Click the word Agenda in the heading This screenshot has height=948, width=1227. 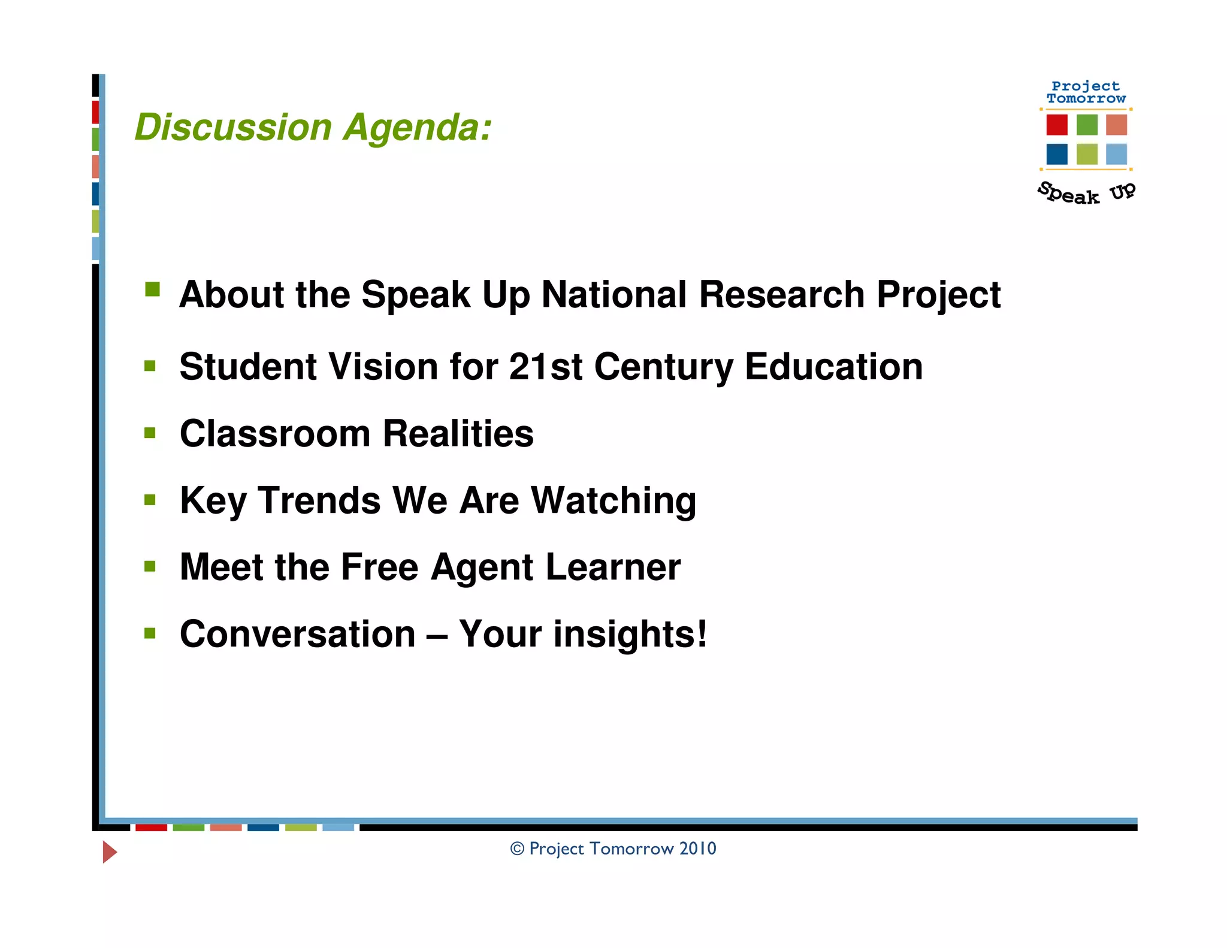point(417,128)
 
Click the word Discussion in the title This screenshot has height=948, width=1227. point(233,128)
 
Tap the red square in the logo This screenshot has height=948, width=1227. point(1057,125)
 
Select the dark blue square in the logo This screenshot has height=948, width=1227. point(1057,154)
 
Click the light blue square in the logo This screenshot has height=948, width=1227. point(1116,154)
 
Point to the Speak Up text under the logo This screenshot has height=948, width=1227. point(1086,193)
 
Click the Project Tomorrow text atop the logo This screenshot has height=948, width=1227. point(1086,92)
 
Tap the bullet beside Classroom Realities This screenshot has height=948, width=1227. point(150,432)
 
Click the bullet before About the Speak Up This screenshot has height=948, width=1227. point(152,290)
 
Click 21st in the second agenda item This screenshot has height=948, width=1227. point(545,366)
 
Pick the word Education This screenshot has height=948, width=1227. point(833,366)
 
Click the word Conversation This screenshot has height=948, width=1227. point(298,634)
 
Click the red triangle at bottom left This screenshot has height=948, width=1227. point(109,852)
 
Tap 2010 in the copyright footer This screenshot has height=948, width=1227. point(698,849)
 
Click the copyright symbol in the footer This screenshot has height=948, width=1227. point(517,849)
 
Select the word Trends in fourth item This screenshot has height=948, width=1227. point(319,500)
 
